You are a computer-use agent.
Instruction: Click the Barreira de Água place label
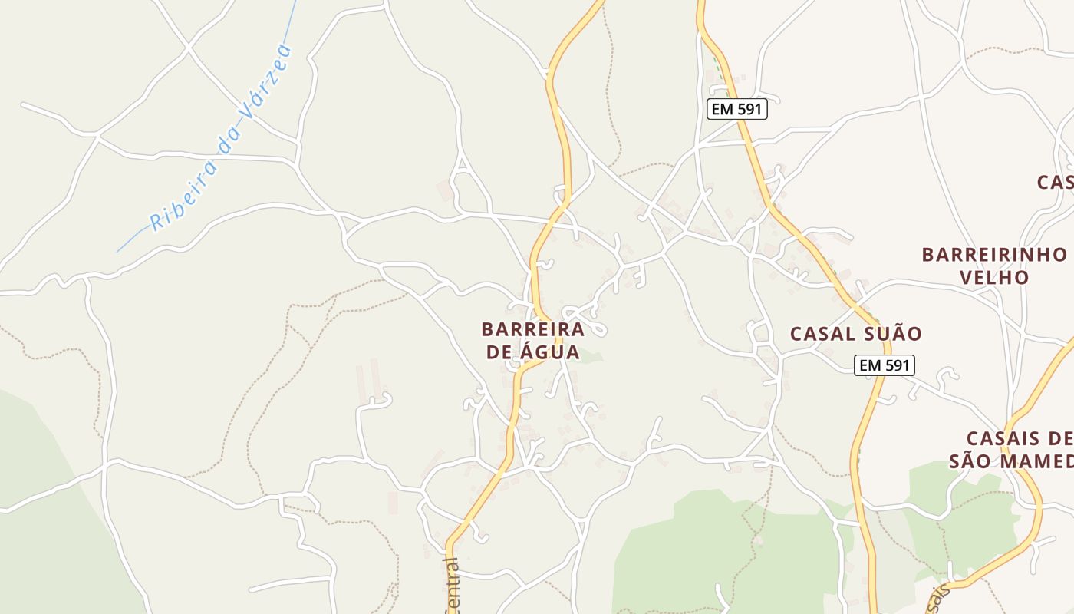point(532,341)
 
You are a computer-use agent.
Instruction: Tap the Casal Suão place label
point(855,334)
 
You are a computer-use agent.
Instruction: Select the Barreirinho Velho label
point(994,266)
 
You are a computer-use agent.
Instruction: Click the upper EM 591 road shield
point(736,109)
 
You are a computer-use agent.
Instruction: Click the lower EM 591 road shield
point(885,365)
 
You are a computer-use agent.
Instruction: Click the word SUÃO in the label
point(892,334)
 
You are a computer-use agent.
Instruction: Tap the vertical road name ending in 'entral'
point(453,587)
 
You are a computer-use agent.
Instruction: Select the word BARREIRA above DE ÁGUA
point(532,329)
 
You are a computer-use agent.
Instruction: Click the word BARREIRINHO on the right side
point(994,254)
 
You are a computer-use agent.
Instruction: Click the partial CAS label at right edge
point(1056,182)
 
